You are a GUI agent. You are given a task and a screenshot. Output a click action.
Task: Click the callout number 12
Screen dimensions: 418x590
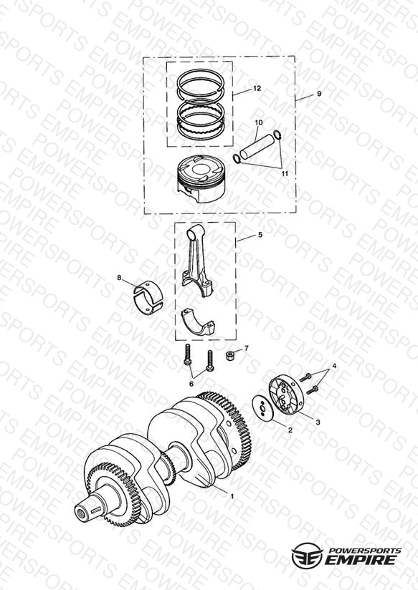(257, 88)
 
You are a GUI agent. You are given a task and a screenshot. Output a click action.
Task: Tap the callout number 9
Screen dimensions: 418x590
(319, 93)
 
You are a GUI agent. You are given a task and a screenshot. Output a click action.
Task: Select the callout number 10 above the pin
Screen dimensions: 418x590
(259, 122)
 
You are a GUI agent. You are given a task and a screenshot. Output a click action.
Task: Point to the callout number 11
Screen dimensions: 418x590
(285, 173)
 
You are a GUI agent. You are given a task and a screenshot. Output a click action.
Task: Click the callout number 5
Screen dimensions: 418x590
(260, 235)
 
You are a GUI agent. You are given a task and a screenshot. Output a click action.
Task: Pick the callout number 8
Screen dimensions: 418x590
(119, 278)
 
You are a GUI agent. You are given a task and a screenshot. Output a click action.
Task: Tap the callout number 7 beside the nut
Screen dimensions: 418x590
(247, 349)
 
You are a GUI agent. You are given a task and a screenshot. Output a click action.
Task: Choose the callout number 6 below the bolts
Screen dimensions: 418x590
(191, 383)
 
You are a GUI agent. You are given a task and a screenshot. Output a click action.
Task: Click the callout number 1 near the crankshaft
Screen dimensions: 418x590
(232, 496)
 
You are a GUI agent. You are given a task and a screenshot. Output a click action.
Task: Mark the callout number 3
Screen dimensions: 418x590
(318, 422)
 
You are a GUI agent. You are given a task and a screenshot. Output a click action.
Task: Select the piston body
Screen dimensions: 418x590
(202, 178)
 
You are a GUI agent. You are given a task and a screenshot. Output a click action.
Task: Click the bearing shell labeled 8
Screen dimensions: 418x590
(148, 297)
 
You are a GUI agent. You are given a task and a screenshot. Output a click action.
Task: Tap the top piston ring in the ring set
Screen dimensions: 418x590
(201, 82)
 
